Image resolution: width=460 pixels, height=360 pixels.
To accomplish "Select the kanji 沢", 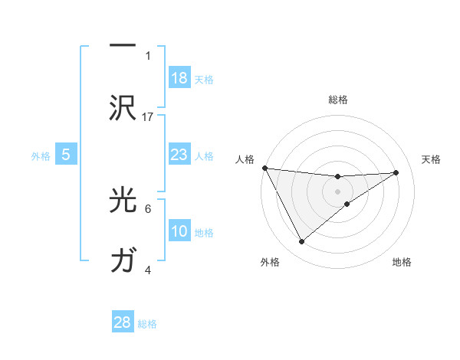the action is click(123, 108).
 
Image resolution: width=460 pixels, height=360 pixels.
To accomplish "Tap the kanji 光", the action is click(123, 200).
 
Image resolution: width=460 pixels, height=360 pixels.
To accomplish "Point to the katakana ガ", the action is click(123, 261).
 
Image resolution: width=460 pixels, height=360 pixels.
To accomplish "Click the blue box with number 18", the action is click(179, 78).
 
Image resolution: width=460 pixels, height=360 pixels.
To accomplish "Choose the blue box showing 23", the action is click(179, 155).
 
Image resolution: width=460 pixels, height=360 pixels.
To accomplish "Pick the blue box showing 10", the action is click(179, 231).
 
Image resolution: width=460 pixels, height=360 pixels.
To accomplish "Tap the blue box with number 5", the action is click(66, 155).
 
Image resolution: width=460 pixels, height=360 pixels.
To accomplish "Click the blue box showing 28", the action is click(123, 322).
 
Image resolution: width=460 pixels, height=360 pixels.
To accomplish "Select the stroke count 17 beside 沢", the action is click(149, 116).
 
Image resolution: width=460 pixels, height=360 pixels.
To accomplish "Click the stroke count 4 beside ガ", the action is click(148, 270).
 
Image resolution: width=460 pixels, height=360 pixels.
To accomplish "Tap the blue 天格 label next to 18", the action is click(204, 79).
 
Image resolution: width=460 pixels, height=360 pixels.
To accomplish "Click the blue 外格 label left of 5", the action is click(41, 155).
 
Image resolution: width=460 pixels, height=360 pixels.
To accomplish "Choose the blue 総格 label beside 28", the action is click(147, 323).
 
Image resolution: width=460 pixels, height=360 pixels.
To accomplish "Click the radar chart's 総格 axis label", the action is click(337, 100).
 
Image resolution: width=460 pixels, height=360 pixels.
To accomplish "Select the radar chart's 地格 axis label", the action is click(402, 262).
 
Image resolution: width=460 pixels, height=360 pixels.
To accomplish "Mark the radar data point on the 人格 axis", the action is click(264, 168).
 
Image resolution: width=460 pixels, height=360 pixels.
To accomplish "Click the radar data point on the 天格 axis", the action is click(396, 172).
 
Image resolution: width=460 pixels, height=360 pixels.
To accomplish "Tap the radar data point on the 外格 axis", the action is click(301, 242).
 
